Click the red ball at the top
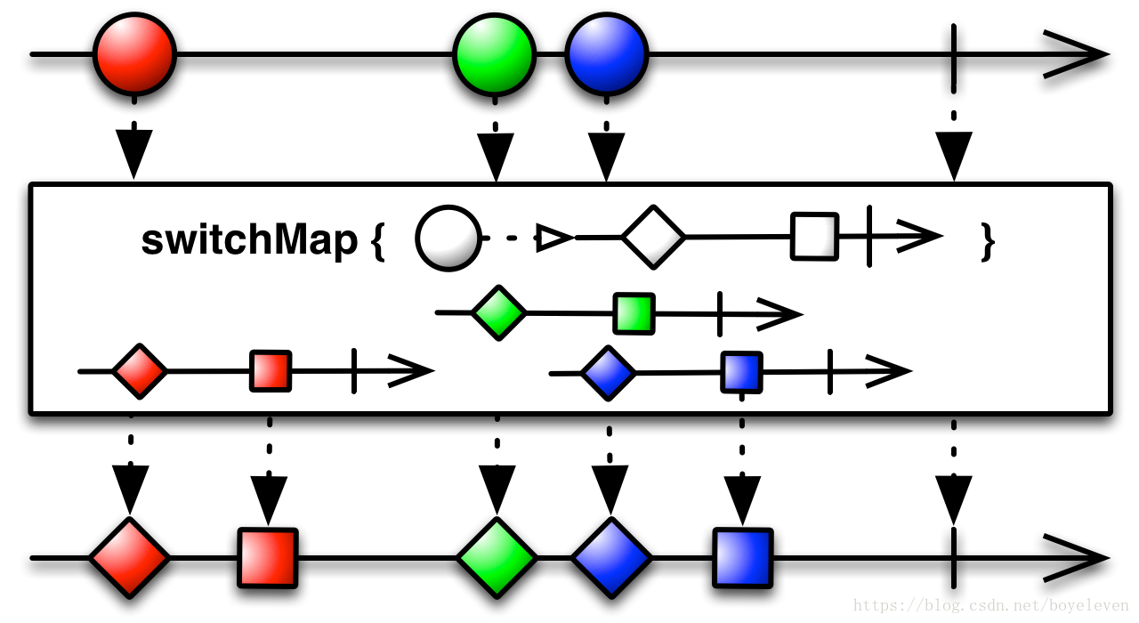134,54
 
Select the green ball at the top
494,54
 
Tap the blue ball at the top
606,54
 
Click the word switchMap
249,239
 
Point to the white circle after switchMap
448,238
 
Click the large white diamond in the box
653,237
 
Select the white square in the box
814,236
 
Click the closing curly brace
986,240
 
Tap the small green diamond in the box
498,312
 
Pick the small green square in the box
634,313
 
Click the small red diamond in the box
140,371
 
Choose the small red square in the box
271,371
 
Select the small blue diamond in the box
609,373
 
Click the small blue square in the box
741,372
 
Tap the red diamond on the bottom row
129,558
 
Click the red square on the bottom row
267,558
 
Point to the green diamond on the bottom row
497,558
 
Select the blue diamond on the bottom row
611,558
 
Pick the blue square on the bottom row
742,558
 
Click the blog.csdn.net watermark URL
990,606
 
